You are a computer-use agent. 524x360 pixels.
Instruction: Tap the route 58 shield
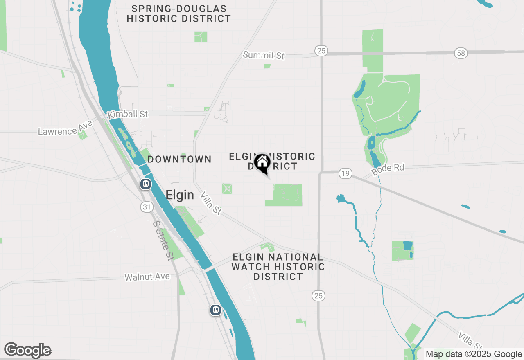[x=461, y=53]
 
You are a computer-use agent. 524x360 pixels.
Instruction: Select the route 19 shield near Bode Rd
[x=346, y=173]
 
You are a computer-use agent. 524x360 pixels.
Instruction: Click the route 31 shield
[x=147, y=207]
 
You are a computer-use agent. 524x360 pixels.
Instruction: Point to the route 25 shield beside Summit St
[x=321, y=50]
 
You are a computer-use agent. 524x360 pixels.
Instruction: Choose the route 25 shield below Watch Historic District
[x=318, y=295]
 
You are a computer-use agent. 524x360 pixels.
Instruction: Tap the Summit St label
[x=264, y=55]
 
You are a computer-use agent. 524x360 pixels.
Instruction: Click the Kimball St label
[x=127, y=115]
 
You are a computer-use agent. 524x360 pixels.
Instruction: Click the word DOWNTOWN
[x=179, y=159]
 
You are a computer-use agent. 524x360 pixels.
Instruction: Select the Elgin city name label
[x=180, y=195]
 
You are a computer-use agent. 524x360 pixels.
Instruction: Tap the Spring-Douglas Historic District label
[x=179, y=13]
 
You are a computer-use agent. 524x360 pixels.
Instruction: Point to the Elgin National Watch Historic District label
[x=278, y=267]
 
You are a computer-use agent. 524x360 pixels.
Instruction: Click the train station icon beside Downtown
[x=146, y=184]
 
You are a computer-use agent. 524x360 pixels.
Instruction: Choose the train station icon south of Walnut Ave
[x=216, y=310]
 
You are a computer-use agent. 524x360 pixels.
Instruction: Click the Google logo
[x=28, y=351]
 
